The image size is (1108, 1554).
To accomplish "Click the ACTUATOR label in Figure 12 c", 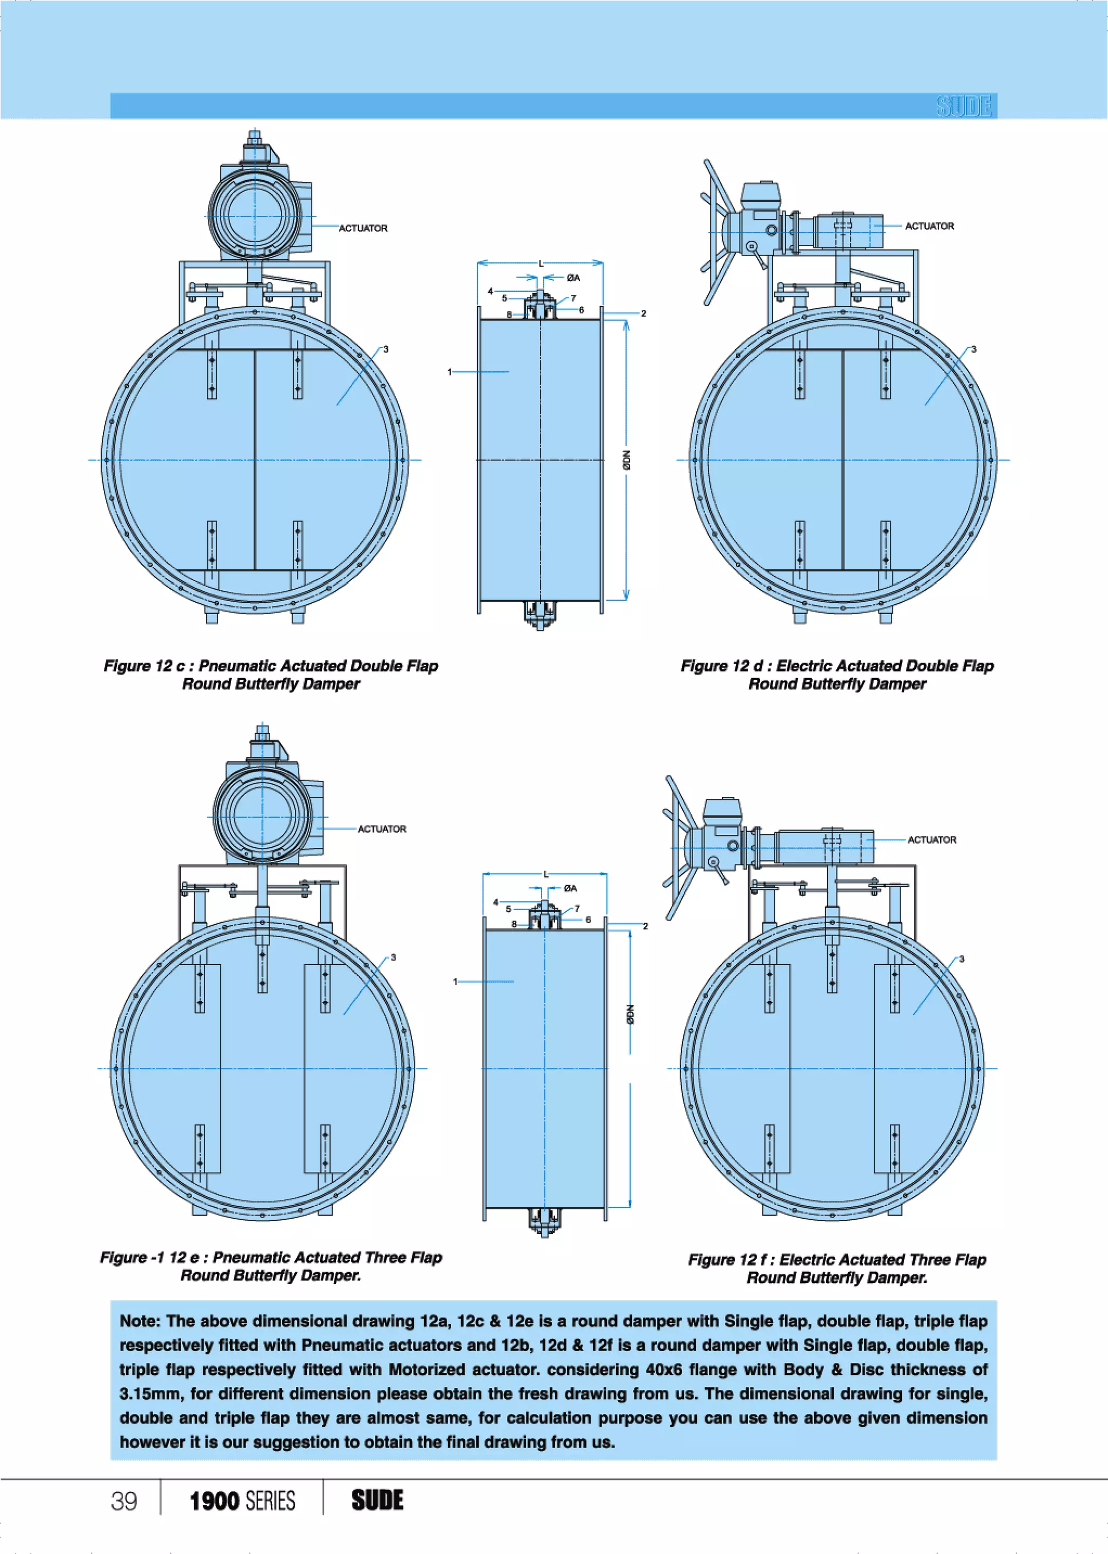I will click(363, 228).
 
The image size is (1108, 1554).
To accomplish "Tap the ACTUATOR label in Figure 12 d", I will click(929, 226).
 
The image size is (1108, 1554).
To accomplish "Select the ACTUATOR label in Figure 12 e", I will click(381, 829).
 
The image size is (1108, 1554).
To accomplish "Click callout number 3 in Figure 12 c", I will click(386, 350).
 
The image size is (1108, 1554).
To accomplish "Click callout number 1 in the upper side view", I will click(450, 372).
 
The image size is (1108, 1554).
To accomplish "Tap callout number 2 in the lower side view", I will click(645, 926).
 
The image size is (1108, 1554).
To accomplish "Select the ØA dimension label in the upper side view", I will click(573, 278).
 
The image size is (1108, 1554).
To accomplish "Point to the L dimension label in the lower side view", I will click(546, 874).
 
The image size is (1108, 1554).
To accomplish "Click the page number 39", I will click(124, 1501).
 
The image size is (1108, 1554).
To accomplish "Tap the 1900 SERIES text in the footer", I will click(242, 1501).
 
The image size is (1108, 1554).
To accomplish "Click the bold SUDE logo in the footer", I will click(377, 1500).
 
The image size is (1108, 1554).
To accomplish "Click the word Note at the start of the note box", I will click(140, 1321).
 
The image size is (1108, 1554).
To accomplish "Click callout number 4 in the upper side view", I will click(490, 291).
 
